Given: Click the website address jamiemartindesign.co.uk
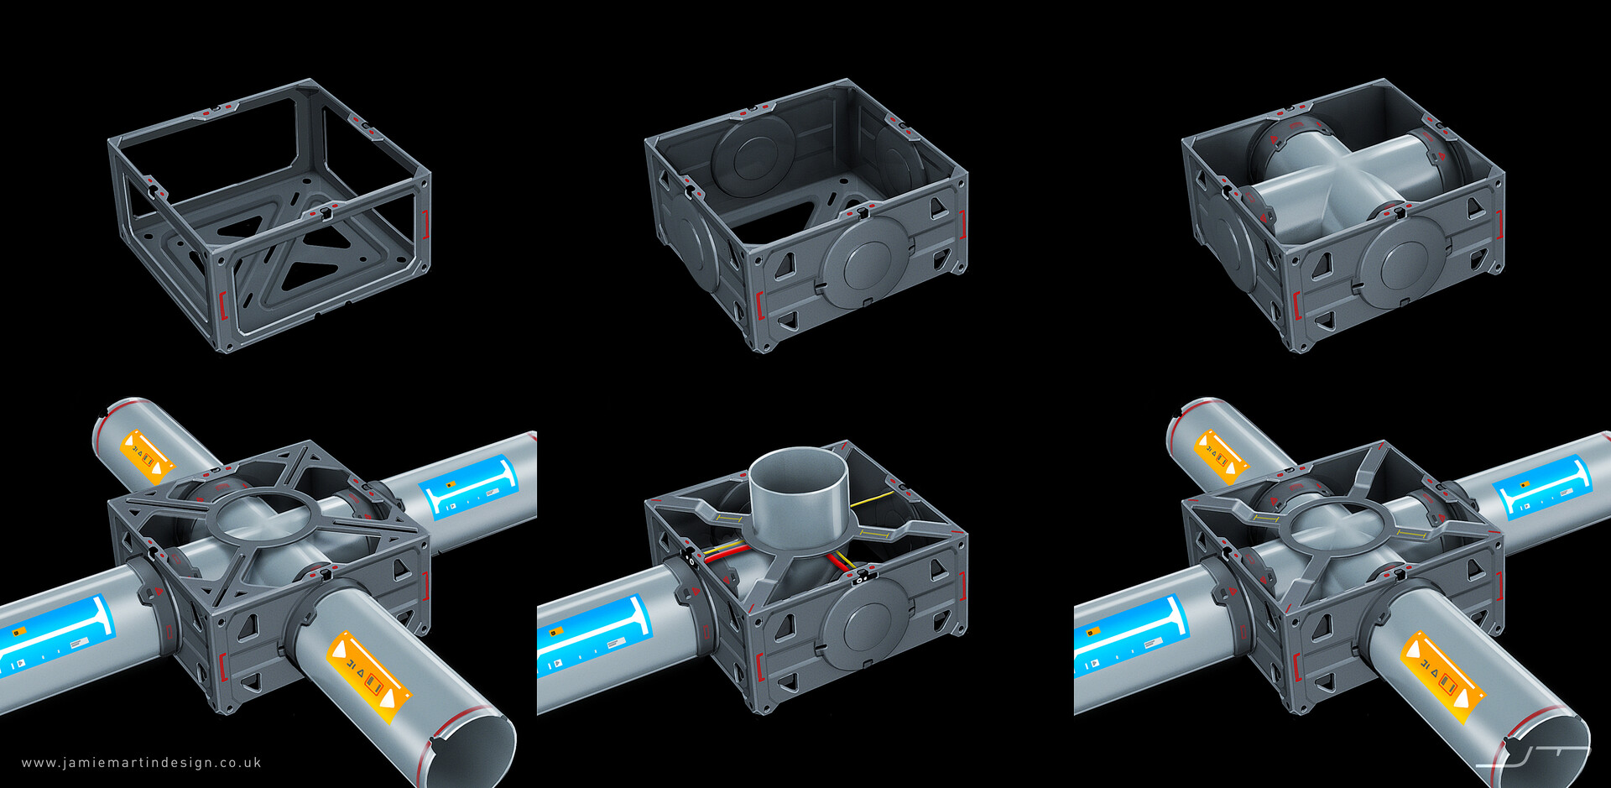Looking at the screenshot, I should tap(141, 763).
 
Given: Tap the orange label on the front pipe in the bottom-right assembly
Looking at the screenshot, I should tap(1443, 676).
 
